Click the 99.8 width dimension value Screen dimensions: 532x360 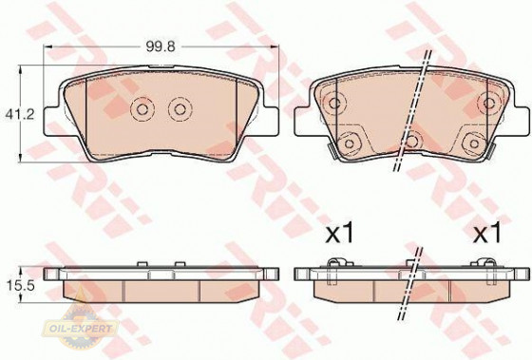[x=161, y=47]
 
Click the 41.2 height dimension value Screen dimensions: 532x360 [x=20, y=114]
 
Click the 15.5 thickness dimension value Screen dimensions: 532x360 [x=20, y=286]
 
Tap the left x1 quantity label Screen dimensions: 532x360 [x=339, y=234]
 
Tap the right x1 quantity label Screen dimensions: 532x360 [x=487, y=234]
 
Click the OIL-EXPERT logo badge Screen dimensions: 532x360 [x=81, y=327]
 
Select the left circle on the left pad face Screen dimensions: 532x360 [x=142, y=109]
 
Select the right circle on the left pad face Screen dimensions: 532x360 [x=180, y=109]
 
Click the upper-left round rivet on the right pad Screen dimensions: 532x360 [x=334, y=103]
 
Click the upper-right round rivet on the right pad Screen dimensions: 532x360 [x=488, y=103]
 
